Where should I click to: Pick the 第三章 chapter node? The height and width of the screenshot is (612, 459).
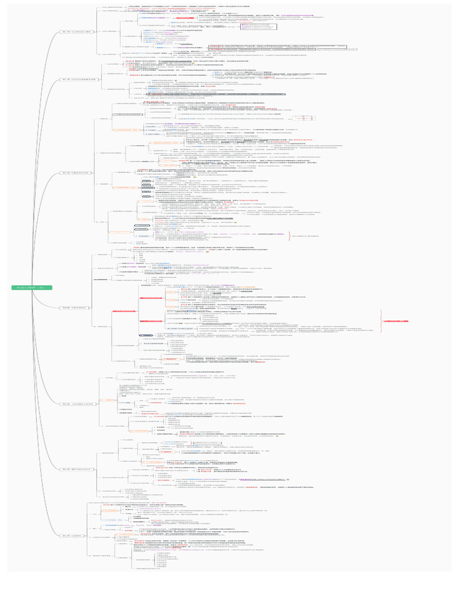(x=75, y=173)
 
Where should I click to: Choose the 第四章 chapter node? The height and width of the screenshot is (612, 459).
(x=75, y=307)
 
